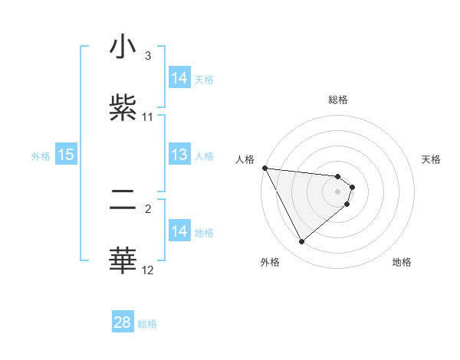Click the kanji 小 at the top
[x=123, y=47]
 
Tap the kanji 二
[x=123, y=200]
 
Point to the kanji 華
[x=123, y=260]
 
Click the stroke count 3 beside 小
[x=147, y=56]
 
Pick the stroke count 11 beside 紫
[x=147, y=116]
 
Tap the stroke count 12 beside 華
[x=147, y=270]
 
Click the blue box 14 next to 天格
[x=179, y=78]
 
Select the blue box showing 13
[x=179, y=155]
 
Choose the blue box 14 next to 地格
[x=179, y=232]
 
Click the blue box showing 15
[x=66, y=155]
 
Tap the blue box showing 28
[x=123, y=322]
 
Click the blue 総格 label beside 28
[x=147, y=324]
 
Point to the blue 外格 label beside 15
[x=41, y=156]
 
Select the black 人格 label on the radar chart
[x=245, y=159]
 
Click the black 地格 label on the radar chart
[x=402, y=262]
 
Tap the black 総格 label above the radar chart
[x=338, y=100]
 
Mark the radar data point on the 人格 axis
[x=264, y=168]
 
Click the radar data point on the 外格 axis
[x=301, y=242]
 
